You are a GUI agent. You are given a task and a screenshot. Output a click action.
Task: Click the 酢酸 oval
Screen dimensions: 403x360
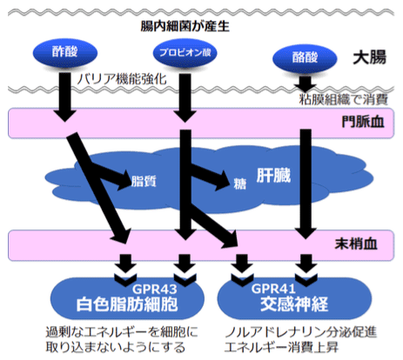click(65, 53)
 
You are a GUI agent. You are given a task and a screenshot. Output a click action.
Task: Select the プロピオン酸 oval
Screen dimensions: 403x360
click(185, 53)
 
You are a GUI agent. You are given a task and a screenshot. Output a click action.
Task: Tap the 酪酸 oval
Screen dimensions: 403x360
click(305, 58)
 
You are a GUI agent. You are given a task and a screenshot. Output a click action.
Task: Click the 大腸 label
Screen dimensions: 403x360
click(370, 57)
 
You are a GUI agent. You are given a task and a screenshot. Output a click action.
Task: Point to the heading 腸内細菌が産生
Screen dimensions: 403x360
click(185, 26)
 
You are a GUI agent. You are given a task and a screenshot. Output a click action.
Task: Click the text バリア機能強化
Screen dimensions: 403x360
click(122, 79)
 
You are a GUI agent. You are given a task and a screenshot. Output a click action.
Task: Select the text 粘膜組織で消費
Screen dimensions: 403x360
click(344, 99)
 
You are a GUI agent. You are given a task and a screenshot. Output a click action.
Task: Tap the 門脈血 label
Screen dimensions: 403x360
click(363, 122)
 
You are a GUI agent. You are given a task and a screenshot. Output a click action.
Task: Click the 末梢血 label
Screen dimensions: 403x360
click(356, 243)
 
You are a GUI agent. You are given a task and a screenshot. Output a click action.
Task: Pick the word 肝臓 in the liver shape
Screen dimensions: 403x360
click(273, 176)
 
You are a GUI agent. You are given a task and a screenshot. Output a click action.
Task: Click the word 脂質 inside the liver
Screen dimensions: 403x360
click(144, 181)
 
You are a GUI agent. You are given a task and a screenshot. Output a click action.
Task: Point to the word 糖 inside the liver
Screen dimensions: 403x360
click(240, 183)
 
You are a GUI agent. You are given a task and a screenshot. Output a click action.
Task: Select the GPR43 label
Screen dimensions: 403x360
click(155, 289)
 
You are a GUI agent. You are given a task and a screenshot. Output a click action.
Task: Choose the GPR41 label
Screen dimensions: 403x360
click(273, 289)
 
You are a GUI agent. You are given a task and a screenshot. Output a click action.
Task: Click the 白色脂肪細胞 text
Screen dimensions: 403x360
click(127, 304)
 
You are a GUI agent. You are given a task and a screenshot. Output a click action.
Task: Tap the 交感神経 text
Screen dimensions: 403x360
click(294, 304)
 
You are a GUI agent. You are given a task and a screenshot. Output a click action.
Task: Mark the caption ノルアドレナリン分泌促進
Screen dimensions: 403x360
click(301, 332)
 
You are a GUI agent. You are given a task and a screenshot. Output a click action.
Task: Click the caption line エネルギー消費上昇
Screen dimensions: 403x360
click(281, 347)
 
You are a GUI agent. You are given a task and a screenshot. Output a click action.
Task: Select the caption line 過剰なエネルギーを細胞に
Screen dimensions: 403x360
click(122, 332)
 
